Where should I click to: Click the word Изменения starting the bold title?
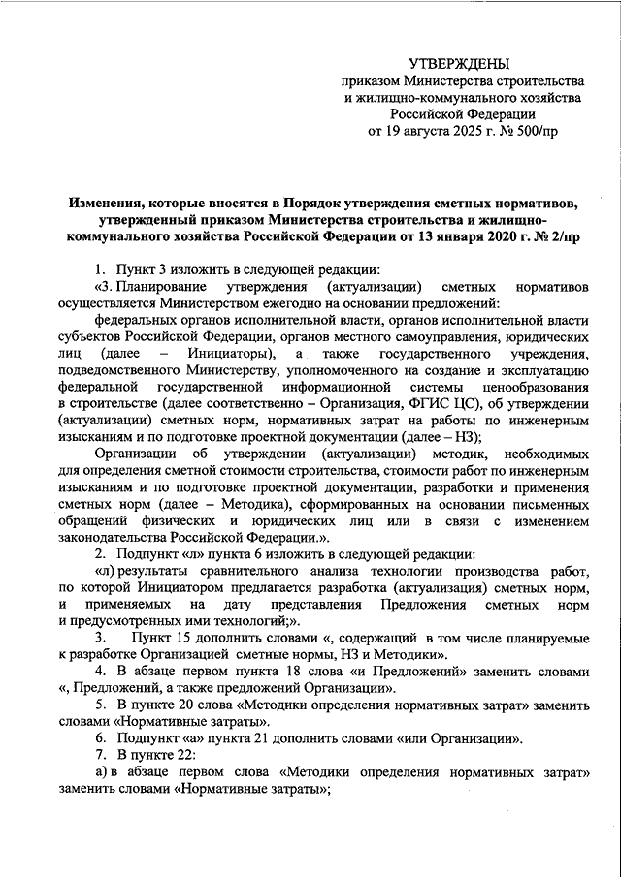pos(108,203)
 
